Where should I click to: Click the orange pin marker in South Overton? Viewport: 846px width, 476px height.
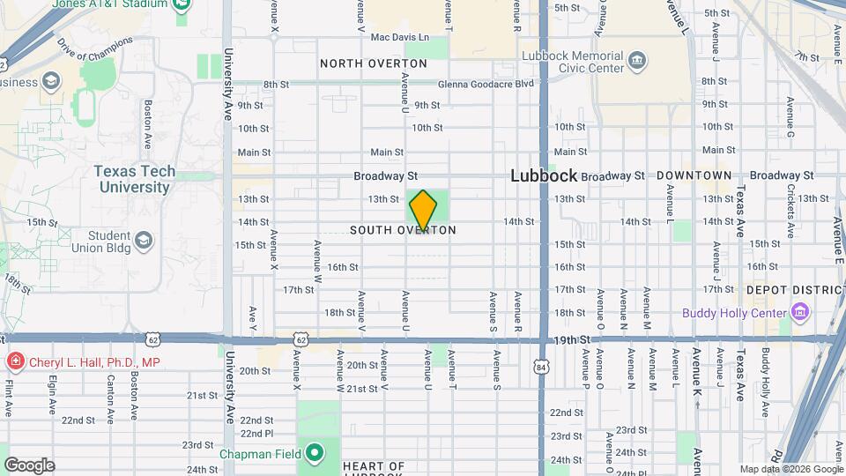(423, 211)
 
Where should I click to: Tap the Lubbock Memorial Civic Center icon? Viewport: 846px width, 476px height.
(637, 62)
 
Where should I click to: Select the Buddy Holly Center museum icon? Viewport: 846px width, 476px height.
(799, 312)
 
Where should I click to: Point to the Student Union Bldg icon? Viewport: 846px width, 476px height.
(145, 239)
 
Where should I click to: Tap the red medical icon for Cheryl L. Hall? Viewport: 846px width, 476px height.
(15, 361)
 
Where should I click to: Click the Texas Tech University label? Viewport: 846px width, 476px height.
(134, 179)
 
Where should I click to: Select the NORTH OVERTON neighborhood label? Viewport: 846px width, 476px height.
(374, 63)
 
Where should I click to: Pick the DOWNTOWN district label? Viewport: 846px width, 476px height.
(694, 175)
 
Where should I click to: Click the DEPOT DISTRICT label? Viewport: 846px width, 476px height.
(793, 289)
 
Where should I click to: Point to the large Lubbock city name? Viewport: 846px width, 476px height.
(544, 176)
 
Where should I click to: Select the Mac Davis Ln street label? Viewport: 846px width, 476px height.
(399, 37)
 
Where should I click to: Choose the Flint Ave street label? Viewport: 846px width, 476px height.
(8, 398)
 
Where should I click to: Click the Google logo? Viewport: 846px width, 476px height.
(29, 465)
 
